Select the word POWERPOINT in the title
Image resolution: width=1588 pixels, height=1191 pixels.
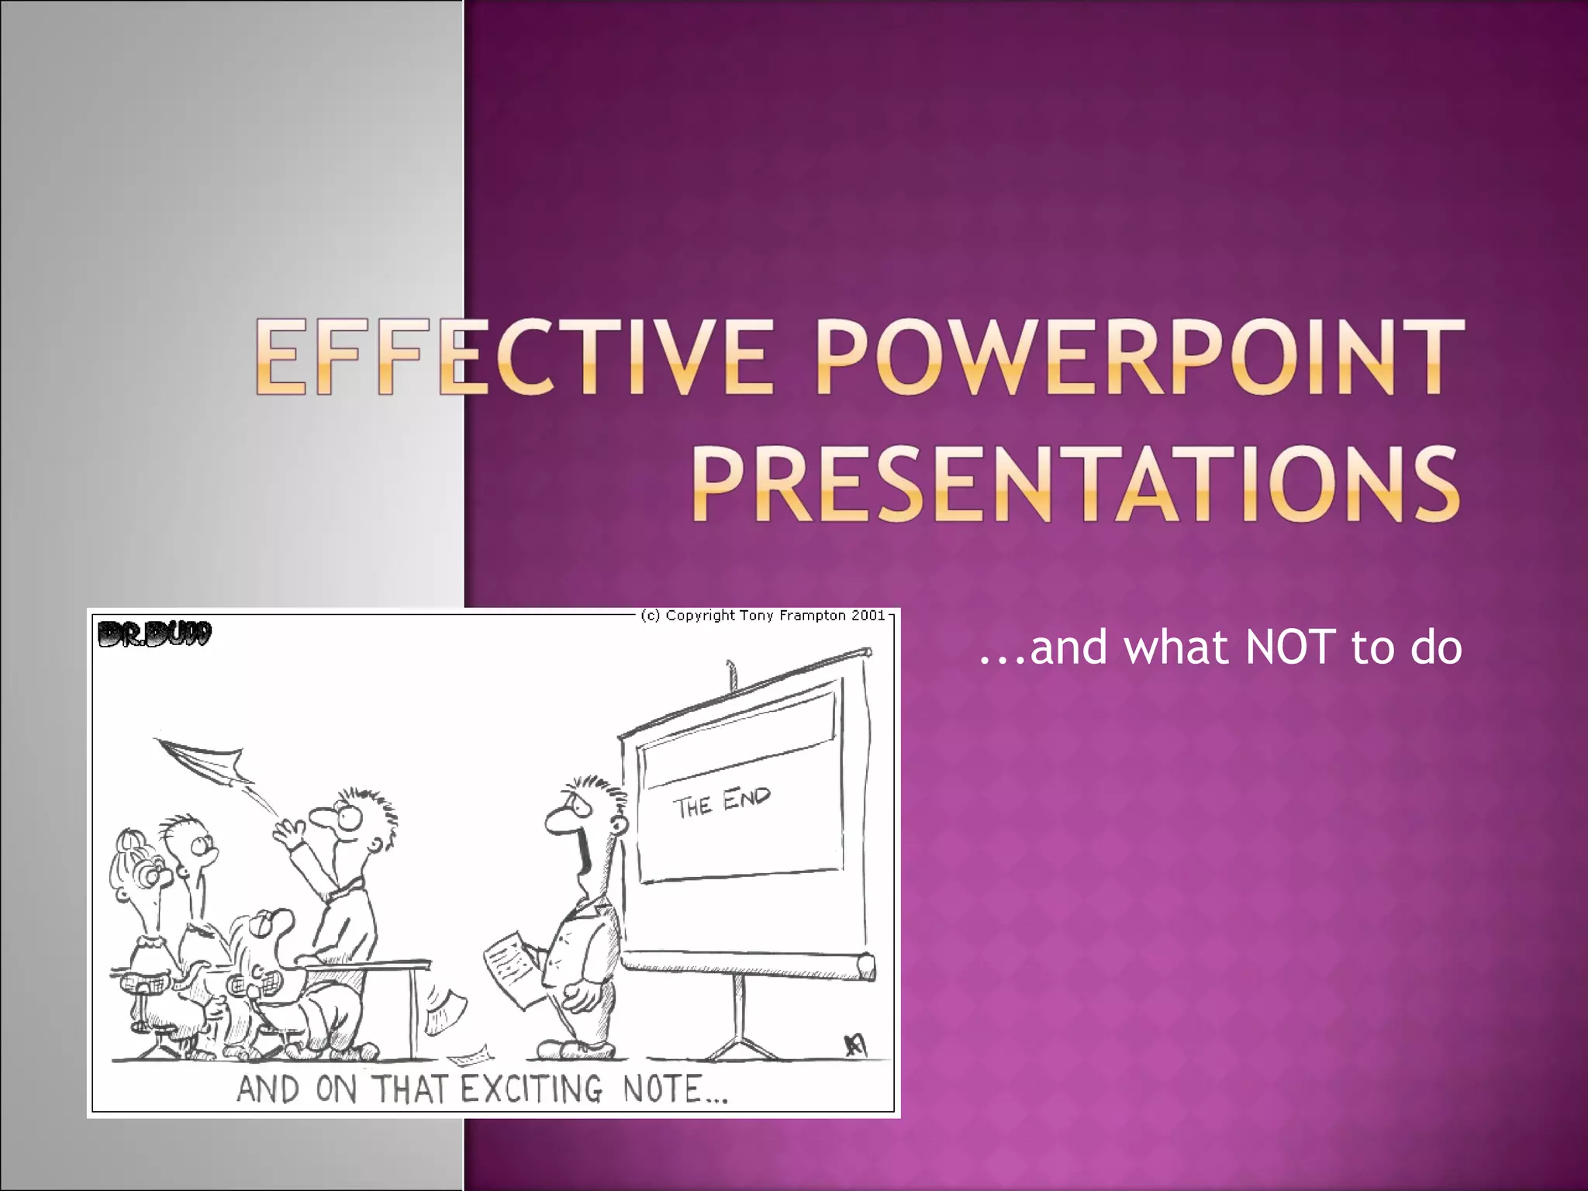(x=1140, y=358)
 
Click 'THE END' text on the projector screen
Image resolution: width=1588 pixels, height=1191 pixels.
(x=721, y=802)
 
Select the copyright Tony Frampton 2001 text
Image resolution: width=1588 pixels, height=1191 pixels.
(x=763, y=616)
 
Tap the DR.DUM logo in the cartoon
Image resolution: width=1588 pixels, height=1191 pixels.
(x=154, y=634)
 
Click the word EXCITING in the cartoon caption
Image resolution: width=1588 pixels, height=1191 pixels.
(x=531, y=1089)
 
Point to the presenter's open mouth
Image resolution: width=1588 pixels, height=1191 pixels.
(x=584, y=853)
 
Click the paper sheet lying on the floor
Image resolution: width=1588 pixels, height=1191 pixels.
(x=469, y=1055)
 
